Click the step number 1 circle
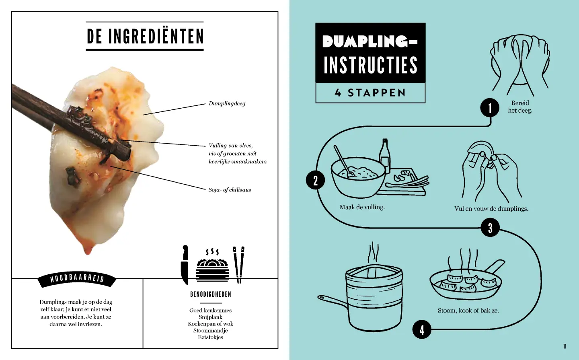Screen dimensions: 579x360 point(490,107)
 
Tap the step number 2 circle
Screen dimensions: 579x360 point(315,180)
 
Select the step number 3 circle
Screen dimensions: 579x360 point(491,228)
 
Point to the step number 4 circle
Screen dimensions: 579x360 point(422,329)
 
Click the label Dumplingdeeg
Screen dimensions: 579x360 point(227,103)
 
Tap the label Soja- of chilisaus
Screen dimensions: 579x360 point(230,190)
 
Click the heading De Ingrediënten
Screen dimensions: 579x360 point(145,36)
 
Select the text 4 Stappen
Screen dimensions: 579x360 point(370,93)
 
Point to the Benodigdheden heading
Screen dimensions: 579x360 point(211,294)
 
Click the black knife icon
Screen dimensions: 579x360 point(185,265)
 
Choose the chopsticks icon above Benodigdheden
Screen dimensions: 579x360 point(239,265)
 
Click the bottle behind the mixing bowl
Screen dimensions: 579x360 point(385,156)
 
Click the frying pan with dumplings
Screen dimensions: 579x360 point(467,280)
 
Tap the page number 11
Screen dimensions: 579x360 point(565,346)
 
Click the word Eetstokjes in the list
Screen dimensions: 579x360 point(210,337)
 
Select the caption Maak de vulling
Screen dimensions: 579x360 point(362,207)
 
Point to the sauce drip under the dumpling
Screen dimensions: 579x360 point(88,249)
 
